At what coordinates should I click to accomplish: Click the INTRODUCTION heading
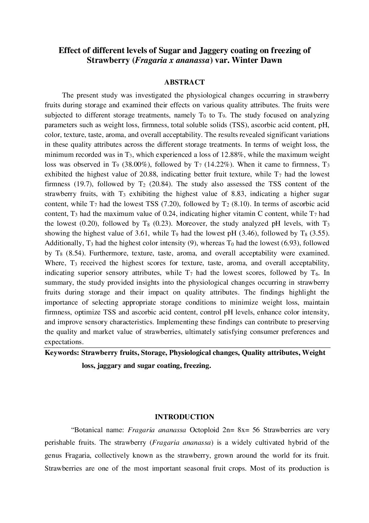click(184, 417)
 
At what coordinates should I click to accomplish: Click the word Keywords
click(61, 353)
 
